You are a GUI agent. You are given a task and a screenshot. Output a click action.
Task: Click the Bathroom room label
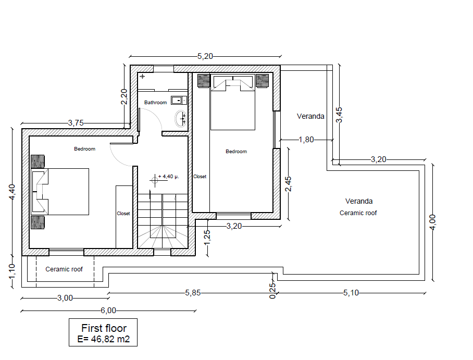point(155,103)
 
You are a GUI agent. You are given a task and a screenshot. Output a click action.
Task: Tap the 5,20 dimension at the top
point(205,56)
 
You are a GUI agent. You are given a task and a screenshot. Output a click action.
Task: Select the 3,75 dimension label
point(76,123)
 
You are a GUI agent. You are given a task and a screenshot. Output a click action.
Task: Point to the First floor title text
point(104,328)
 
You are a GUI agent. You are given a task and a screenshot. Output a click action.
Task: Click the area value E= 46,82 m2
point(104,339)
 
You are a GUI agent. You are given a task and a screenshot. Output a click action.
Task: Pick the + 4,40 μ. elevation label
point(169,176)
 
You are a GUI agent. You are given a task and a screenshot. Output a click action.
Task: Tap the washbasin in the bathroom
point(180,119)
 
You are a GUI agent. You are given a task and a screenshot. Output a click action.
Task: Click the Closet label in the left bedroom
point(123,214)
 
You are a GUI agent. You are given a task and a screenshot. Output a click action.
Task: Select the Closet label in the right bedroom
point(200,177)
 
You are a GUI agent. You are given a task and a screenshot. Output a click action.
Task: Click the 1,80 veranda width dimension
point(306,140)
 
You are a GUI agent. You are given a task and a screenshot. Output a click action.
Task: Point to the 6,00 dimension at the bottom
point(108,311)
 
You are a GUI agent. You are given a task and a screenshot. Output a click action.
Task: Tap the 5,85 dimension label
point(192,293)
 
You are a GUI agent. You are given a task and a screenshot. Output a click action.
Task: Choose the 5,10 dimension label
point(351,293)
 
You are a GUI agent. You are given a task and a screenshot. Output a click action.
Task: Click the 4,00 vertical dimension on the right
point(432,222)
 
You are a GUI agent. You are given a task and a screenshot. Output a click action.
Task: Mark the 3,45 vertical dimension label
point(339,115)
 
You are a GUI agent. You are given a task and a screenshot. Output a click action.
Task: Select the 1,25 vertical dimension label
point(207,238)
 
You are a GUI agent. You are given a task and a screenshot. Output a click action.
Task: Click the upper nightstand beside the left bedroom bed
point(38,162)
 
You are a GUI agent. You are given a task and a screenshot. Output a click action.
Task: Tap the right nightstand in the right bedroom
point(262,81)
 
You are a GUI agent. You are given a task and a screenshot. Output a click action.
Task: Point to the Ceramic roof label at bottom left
point(64,269)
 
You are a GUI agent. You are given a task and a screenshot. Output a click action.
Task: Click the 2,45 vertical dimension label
point(288,184)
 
